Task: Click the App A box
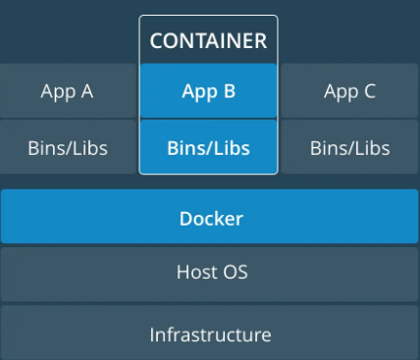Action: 67,91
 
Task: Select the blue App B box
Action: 208,91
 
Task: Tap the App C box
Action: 350,91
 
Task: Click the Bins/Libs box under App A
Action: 67,148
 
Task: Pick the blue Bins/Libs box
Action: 208,148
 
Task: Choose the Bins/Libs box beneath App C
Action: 350,148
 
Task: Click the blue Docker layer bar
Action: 210,218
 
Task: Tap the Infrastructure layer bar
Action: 210,334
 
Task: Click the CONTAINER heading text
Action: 208,41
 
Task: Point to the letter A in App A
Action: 86,91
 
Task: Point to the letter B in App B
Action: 229,91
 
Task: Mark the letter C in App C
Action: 370,91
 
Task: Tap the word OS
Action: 236,273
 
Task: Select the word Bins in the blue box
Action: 184,148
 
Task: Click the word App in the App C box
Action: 340,92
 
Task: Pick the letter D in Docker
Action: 184,218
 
